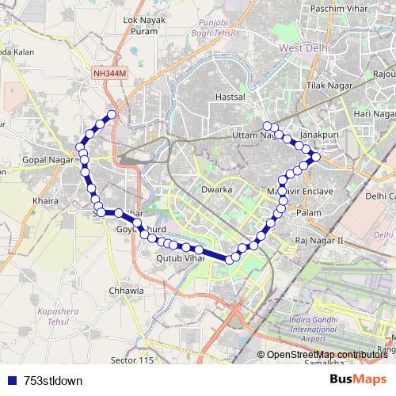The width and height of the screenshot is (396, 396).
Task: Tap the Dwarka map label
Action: click(216, 190)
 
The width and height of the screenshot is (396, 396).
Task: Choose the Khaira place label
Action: click(46, 201)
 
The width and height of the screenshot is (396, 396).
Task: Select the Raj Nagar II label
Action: click(318, 239)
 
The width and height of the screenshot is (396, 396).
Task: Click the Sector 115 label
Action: click(132, 360)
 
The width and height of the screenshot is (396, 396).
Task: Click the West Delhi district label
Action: click(305, 49)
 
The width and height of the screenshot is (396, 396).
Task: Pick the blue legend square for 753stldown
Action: click(8, 380)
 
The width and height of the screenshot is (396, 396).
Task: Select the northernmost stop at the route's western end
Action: click(112, 115)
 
